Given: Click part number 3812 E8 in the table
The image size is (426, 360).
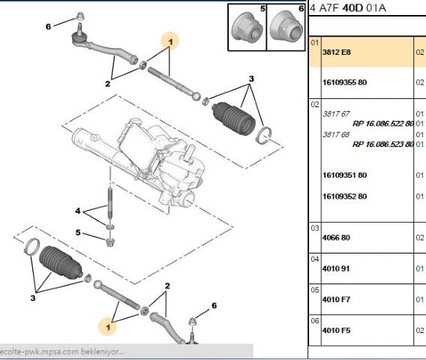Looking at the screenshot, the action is point(336,52).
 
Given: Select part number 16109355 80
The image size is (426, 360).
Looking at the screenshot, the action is point(344,82).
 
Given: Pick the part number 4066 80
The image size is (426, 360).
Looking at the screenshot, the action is point(336,238).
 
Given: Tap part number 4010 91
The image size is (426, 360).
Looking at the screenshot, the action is point(336,268).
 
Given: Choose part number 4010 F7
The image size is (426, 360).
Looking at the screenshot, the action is point(336,299).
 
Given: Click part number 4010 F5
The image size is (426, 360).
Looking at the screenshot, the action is point(336,331).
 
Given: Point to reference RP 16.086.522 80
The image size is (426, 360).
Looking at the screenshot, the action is point(383,124).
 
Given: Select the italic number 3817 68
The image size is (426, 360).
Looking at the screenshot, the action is point(336,134).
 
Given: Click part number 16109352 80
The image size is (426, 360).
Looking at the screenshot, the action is point(344,196).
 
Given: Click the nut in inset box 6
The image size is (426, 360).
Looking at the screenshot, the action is point(286,27).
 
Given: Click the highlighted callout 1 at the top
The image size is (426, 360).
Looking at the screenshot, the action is point(170,41).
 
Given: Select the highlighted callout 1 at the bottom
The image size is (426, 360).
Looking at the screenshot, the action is point(108,327).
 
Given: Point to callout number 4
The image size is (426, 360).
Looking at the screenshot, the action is point(78,211).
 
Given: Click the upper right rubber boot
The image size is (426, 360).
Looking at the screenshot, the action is point(234,118).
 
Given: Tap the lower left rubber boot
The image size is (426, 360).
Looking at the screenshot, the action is point(60,262).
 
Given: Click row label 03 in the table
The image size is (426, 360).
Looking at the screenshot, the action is point(314,228).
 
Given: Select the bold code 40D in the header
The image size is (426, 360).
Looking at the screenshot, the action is point(352,8).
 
